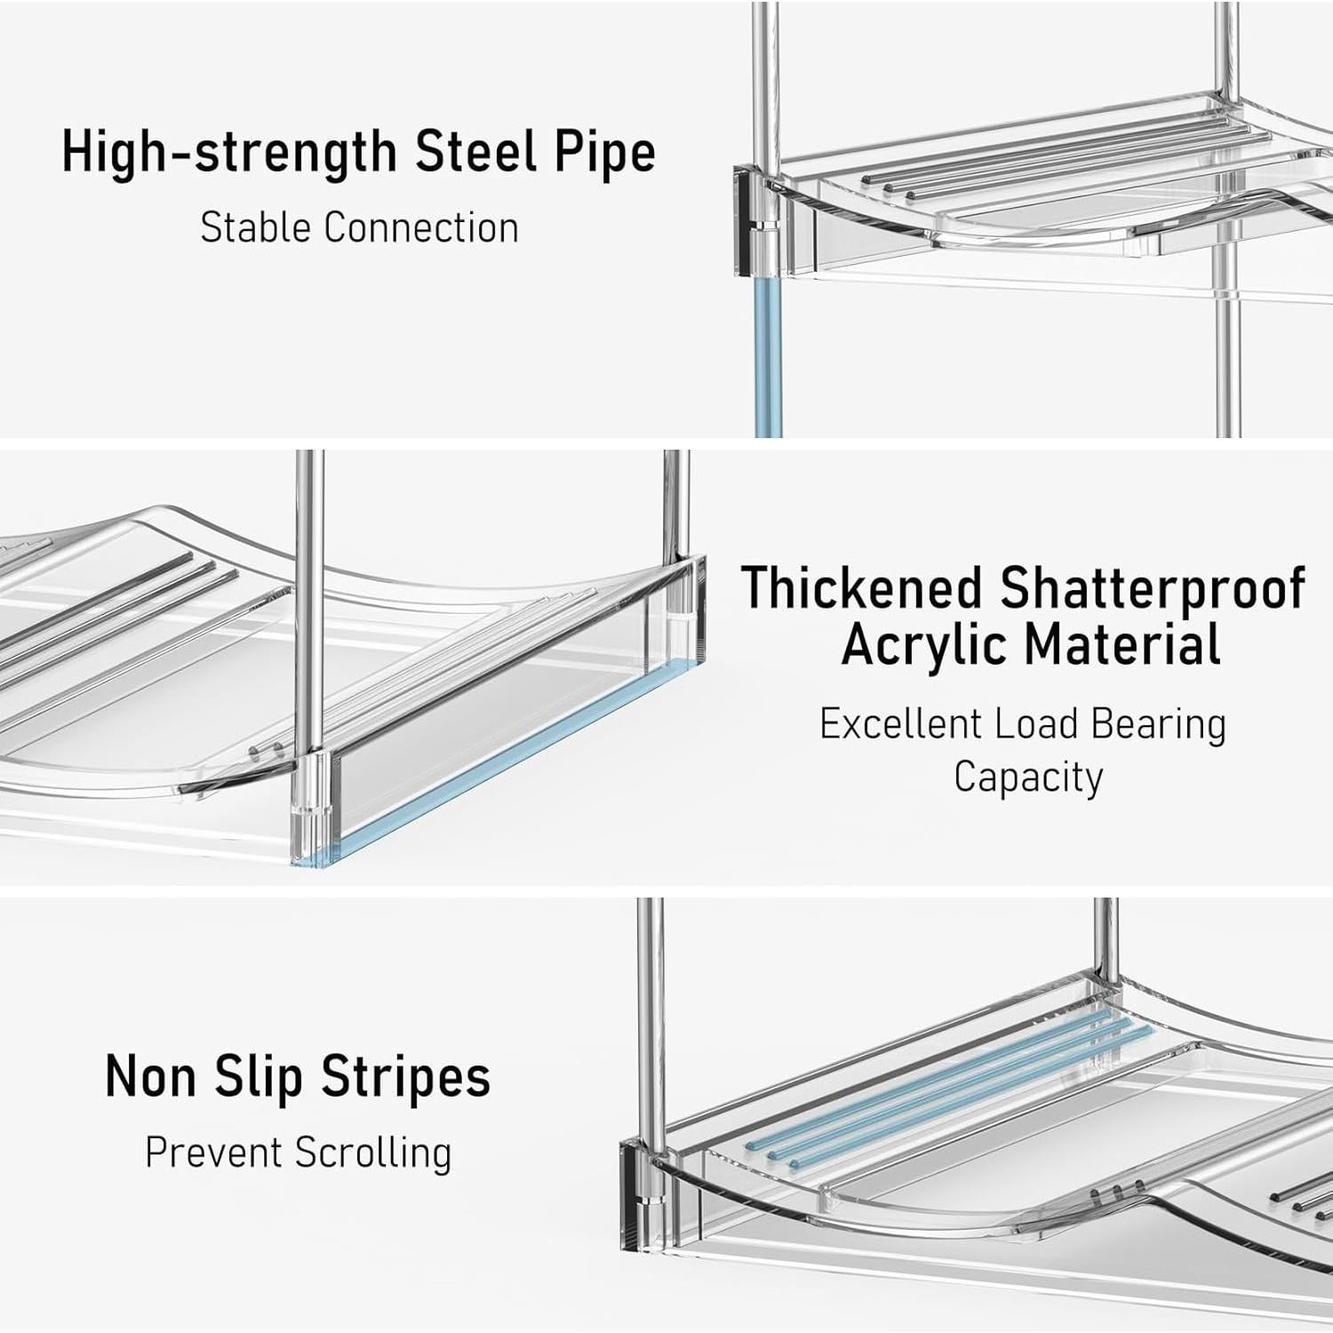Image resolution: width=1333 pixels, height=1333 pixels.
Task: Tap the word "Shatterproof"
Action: (x=1153, y=589)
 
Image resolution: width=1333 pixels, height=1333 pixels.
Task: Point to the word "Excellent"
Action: (x=899, y=724)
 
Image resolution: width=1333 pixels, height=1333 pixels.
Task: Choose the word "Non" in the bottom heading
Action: (x=150, y=1077)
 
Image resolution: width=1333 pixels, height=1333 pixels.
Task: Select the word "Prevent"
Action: (x=213, y=1153)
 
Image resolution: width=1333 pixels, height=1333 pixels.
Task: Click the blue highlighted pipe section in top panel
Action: (x=768, y=364)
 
